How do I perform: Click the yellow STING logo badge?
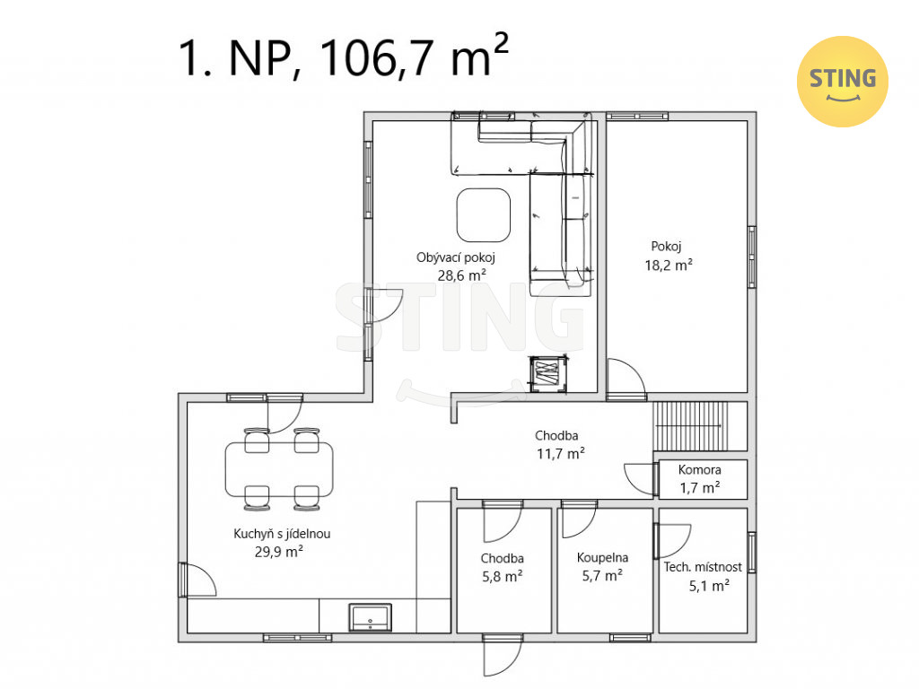tap(842, 82)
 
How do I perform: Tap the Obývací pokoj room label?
tap(455, 257)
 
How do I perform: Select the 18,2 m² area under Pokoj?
tap(668, 265)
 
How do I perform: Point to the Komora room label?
tap(699, 469)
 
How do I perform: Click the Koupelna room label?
tap(602, 558)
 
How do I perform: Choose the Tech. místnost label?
tap(702, 567)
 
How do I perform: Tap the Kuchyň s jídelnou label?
tap(282, 534)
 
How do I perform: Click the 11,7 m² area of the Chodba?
tap(560, 453)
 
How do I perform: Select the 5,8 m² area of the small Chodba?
tap(503, 577)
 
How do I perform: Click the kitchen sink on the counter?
tap(370, 617)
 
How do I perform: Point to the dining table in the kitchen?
tap(279, 468)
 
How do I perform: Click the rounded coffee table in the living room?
tap(484, 215)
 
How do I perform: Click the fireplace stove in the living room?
tap(548, 374)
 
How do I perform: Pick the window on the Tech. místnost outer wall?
tap(752, 552)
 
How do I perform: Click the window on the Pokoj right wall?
tap(752, 257)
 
